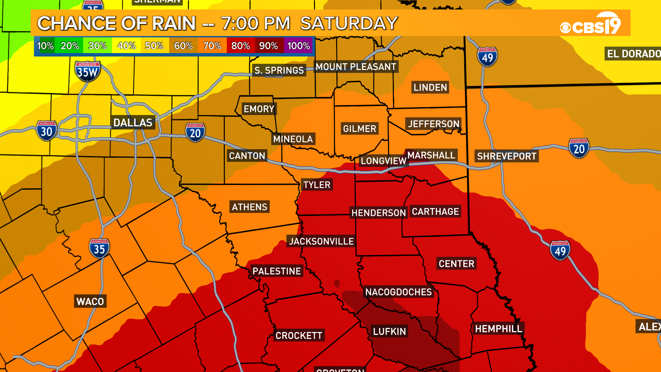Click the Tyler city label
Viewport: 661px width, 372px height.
[317, 185]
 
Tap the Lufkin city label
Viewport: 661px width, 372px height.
[389, 331]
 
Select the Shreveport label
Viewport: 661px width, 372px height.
[506, 156]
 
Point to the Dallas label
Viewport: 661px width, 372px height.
[133, 123]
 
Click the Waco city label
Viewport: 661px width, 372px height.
[90, 301]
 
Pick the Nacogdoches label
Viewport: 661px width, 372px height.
[398, 292]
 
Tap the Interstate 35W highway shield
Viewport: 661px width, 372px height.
[87, 71]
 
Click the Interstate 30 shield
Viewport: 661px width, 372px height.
[46, 131]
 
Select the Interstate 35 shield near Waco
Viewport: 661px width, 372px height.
[99, 248]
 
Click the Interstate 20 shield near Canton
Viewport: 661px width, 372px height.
[195, 133]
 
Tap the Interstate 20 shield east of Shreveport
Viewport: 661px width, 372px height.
[579, 148]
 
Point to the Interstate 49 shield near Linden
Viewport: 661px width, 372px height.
[487, 57]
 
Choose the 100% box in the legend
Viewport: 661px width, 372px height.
[298, 46]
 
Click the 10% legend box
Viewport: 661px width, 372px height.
[45, 46]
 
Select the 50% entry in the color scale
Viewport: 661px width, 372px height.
[154, 46]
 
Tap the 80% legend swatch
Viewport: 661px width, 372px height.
[241, 46]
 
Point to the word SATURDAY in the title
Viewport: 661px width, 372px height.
[349, 23]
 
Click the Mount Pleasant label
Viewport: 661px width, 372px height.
[356, 67]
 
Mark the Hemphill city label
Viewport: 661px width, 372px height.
[499, 329]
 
